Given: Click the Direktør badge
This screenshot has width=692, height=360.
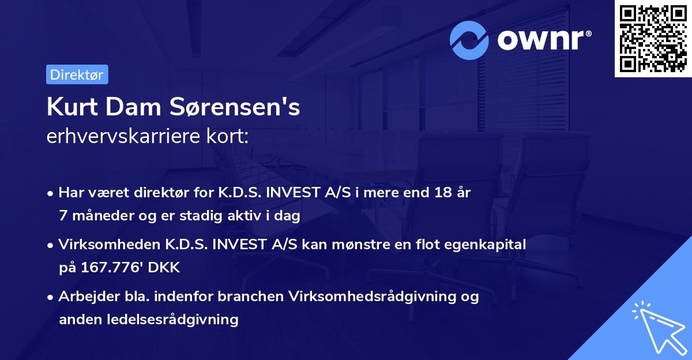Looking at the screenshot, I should (77, 74).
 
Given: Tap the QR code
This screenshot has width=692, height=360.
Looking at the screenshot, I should (653, 39).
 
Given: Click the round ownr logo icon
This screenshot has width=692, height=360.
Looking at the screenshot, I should (469, 40).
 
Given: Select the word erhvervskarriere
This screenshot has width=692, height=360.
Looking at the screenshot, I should (119, 137).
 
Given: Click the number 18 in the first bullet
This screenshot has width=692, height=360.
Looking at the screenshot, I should (444, 193).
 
